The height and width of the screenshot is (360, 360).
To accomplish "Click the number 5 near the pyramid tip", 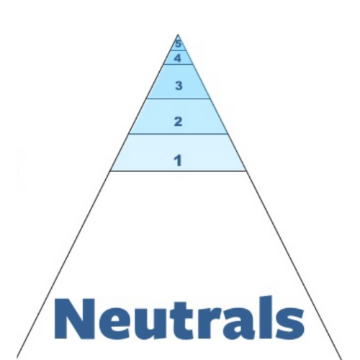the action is [x=178, y=44].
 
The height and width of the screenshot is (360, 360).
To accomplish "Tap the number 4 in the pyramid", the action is [x=178, y=58].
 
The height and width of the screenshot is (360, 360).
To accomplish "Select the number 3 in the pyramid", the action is [x=179, y=86].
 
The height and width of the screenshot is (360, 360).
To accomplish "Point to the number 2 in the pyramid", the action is [x=178, y=122].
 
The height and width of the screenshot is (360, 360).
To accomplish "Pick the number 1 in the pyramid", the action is [x=178, y=161].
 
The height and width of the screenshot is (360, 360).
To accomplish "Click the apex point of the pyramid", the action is [x=178, y=35].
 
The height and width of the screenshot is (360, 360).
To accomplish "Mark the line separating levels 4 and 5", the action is [x=179, y=50].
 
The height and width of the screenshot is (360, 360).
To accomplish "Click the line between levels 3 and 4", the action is [x=179, y=64].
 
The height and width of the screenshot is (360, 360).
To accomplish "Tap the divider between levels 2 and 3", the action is [x=179, y=99].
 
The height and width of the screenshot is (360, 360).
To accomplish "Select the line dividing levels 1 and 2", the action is [x=178, y=134].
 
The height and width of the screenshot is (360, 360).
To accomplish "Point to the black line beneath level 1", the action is [x=178, y=171].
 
